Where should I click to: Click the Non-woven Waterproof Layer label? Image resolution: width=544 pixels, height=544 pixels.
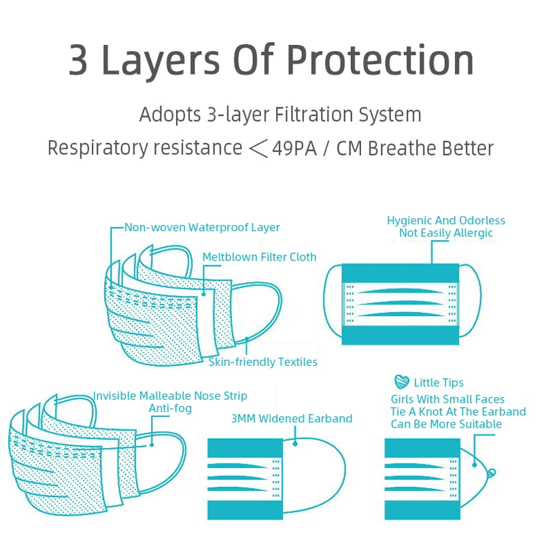click(x=202, y=227)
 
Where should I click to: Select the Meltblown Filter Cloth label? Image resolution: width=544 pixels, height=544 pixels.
click(x=259, y=257)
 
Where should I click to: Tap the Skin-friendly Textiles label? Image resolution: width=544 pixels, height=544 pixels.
click(x=262, y=362)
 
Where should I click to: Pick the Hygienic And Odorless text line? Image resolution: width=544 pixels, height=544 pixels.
click(x=446, y=220)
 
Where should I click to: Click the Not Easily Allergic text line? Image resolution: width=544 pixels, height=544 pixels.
click(x=446, y=233)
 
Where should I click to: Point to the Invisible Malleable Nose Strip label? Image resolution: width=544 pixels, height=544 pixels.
click(x=170, y=396)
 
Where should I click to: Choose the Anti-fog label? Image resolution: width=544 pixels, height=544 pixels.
click(x=170, y=409)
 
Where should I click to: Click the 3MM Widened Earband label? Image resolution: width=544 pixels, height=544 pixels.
click(x=292, y=418)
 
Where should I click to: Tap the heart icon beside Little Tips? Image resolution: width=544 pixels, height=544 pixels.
click(x=402, y=382)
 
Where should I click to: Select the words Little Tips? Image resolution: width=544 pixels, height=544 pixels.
click(x=439, y=383)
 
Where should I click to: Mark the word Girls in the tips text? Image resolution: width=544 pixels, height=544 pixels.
click(x=405, y=399)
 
